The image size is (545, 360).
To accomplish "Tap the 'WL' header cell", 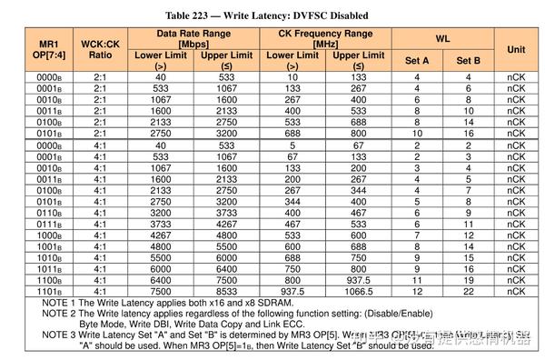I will point(441,40).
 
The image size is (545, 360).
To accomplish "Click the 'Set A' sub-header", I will point(417,60).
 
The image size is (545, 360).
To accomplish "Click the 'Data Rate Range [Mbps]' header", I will point(194,38).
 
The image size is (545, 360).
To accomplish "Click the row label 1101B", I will point(47,291).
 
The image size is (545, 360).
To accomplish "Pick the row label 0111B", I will point(47,224).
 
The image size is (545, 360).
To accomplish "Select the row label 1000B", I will point(47,235).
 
